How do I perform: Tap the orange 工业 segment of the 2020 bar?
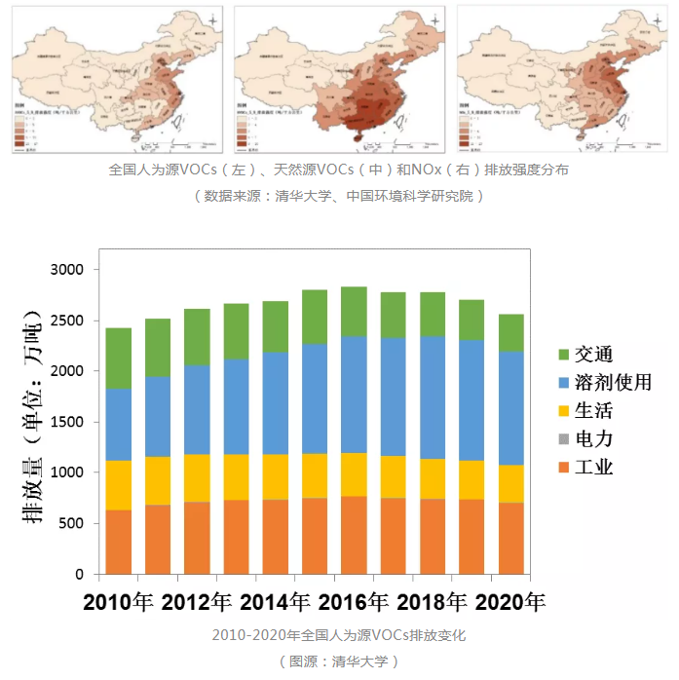[510, 538]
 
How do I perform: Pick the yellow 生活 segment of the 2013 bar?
[236, 476]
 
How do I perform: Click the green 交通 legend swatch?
[563, 354]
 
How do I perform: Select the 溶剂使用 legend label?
[613, 382]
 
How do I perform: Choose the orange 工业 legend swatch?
[563, 467]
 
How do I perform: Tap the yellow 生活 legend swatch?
[563, 410]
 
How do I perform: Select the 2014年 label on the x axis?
[275, 601]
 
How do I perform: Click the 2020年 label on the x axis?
[509, 601]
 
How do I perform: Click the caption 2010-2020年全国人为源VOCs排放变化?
[339, 635]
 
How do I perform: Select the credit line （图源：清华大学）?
[339, 661]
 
